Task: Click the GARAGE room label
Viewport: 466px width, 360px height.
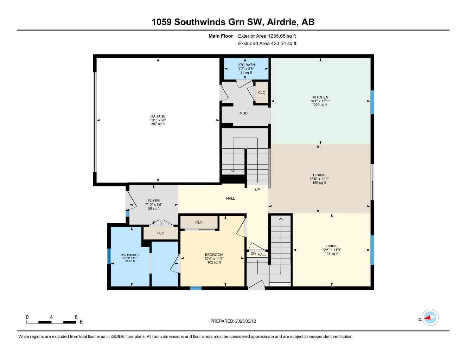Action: [158, 116]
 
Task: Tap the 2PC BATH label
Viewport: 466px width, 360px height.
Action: [246, 65]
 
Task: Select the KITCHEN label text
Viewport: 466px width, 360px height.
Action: [320, 97]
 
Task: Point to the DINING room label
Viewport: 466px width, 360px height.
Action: [319, 175]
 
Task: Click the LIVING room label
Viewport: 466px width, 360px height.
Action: [331, 246]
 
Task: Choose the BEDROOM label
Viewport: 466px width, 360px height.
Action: [214, 255]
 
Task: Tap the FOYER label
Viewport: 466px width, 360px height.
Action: [154, 201]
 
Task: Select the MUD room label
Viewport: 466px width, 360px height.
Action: [243, 113]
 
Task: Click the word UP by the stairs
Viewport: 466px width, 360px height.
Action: [257, 190]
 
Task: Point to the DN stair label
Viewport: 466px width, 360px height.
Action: [253, 254]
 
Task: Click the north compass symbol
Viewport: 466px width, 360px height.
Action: [430, 318]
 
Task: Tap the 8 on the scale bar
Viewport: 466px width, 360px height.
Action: [76, 317]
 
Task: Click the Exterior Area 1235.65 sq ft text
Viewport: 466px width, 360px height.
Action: [267, 36]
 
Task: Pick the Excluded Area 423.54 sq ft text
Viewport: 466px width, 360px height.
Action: [267, 44]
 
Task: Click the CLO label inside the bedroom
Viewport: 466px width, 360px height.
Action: [199, 222]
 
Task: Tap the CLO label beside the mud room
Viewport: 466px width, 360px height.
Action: [262, 92]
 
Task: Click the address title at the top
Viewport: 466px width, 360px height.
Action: [233, 22]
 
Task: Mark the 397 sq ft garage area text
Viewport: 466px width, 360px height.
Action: [158, 124]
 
